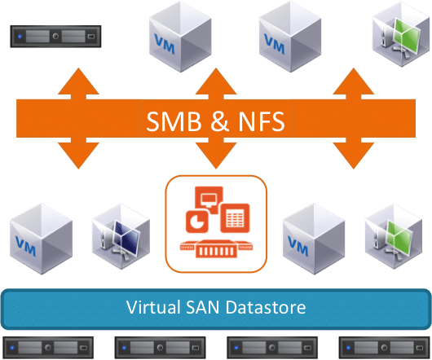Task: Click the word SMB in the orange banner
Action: click(174, 121)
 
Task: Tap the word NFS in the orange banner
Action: click(262, 121)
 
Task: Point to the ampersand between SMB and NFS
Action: click(219, 121)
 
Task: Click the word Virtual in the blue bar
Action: click(153, 307)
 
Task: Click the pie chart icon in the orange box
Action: click(197, 222)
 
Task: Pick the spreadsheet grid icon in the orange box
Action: click(235, 218)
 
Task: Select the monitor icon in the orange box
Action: click(209, 199)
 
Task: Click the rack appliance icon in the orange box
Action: click(216, 248)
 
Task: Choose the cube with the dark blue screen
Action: click(121, 236)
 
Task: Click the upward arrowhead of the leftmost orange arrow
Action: click(78, 81)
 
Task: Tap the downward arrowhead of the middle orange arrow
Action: click(216, 156)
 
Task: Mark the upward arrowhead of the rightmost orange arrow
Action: click(354, 81)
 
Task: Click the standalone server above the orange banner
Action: click(55, 37)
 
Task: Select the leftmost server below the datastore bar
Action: click(48, 348)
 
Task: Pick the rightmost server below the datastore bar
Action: click(384, 348)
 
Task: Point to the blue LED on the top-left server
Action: click(20, 37)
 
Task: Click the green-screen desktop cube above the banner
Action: click(401, 34)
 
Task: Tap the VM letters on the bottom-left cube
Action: click(25, 246)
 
